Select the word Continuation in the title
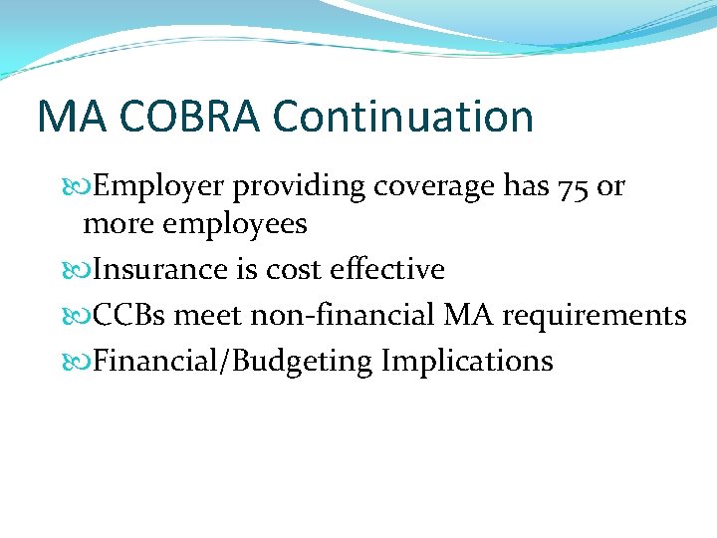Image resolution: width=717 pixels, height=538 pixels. point(403,117)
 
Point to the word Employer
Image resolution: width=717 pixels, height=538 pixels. point(159,186)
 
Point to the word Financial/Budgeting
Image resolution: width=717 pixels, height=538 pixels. point(232,361)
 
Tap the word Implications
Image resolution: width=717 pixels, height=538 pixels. point(467,361)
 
